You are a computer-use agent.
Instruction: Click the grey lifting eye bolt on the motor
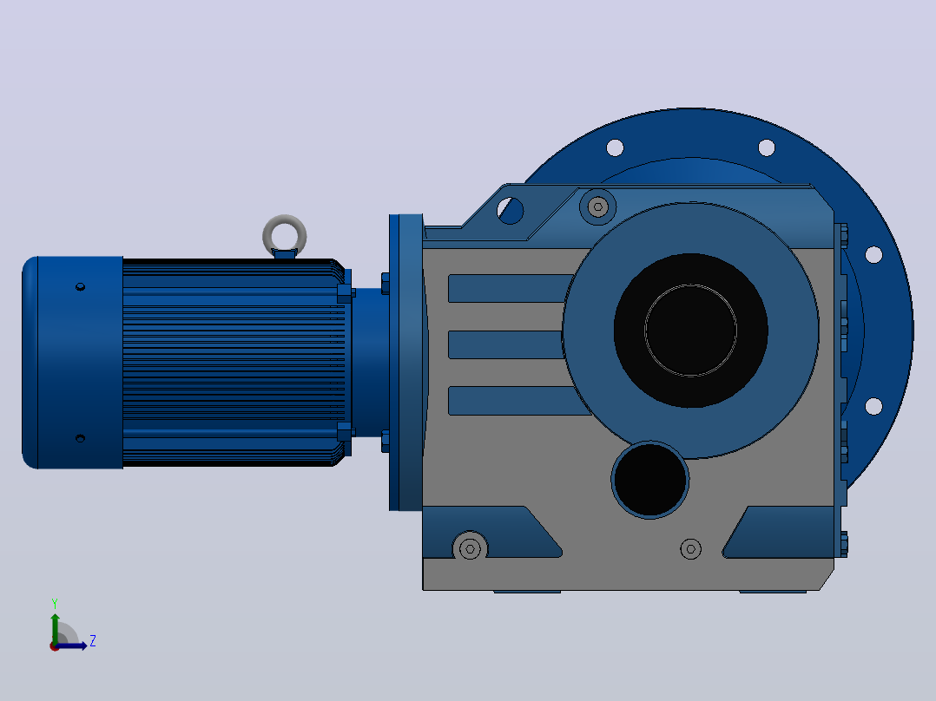tap(285, 221)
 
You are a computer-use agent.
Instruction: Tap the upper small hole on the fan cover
tap(81, 287)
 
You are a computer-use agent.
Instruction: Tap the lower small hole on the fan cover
tap(81, 438)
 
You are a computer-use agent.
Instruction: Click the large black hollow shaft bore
tap(690, 331)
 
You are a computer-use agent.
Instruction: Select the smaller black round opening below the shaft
tap(650, 480)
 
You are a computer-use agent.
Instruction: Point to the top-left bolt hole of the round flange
tap(615, 147)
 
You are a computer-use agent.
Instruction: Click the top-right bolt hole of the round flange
tap(767, 147)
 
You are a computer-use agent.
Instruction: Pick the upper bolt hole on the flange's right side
tap(873, 255)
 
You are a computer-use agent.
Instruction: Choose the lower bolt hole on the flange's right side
tap(873, 406)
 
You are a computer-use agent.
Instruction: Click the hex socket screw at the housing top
tap(597, 207)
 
